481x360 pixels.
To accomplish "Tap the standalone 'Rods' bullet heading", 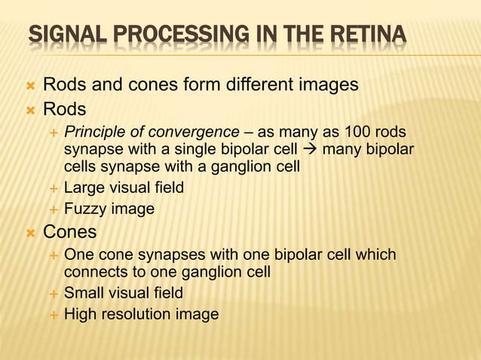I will (x=64, y=109).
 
